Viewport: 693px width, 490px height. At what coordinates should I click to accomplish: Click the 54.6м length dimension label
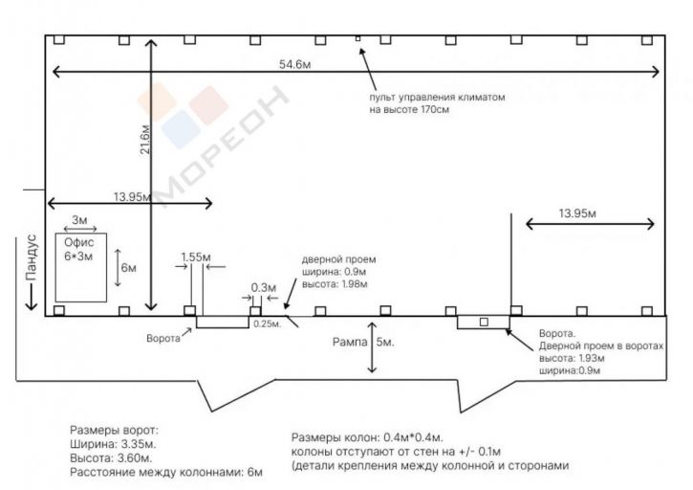tap(294, 65)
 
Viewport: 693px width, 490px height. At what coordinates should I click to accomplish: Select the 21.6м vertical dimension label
tap(145, 140)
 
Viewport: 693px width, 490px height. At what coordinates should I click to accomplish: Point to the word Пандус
tap(31, 257)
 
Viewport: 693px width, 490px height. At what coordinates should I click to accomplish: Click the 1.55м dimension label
tap(196, 257)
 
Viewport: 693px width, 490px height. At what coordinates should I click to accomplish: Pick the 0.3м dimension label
tap(264, 288)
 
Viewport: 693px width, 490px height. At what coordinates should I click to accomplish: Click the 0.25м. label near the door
tap(267, 324)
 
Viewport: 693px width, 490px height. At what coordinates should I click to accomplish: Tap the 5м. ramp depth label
tap(385, 342)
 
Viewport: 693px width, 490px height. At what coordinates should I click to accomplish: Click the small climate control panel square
tap(358, 39)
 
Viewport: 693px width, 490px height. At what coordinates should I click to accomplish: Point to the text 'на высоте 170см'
tap(409, 109)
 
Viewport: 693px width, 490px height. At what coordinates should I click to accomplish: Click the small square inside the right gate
tap(484, 323)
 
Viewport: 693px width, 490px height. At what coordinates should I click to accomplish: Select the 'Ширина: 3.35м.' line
tap(113, 444)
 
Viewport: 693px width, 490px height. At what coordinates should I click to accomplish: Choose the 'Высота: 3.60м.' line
tap(111, 458)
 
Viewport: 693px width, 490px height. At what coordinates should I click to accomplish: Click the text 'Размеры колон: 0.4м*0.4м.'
tap(367, 437)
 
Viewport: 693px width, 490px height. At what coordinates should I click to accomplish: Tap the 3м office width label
tap(79, 220)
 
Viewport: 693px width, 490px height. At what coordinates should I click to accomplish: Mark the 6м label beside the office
tap(129, 268)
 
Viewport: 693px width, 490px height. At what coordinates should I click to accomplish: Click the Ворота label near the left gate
tap(163, 339)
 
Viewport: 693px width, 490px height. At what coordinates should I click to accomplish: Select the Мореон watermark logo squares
tap(182, 116)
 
